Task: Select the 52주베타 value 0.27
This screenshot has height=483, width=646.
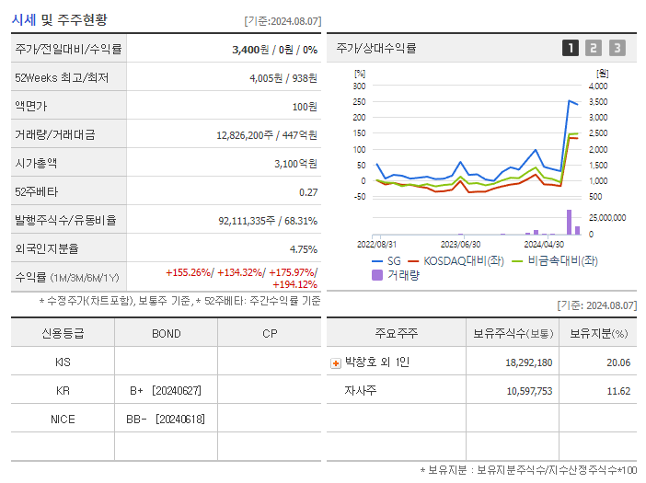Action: coord(308,192)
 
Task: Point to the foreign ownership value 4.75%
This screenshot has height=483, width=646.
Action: coord(303,248)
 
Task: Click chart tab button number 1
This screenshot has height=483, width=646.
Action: coord(571,48)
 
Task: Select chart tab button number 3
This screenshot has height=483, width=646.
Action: coord(617,48)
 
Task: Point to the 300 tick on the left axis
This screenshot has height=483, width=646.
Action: coord(360,86)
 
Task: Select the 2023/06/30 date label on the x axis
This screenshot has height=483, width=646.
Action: coord(461,245)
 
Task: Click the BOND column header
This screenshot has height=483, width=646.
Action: coord(167,333)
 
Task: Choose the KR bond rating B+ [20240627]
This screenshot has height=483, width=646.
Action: coord(166,391)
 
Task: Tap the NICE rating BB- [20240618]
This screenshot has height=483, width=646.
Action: coord(166,420)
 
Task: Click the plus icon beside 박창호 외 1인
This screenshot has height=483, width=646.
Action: coord(336,362)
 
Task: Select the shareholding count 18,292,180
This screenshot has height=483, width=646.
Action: coord(528,362)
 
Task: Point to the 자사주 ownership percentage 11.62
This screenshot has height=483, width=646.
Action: coord(617,391)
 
